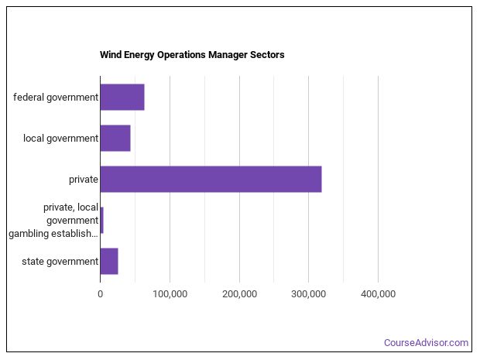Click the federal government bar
pyautogui.click(x=122, y=97)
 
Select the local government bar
pyautogui.click(x=115, y=138)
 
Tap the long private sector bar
pyautogui.click(x=211, y=179)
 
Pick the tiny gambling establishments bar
pyautogui.click(x=101, y=220)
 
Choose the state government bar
pyautogui.click(x=109, y=261)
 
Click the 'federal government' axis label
pyautogui.click(x=56, y=98)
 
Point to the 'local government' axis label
pyautogui.click(x=60, y=139)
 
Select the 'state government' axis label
pyautogui.click(x=60, y=262)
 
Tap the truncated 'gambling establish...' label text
pyautogui.click(x=53, y=233)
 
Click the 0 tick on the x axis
pyautogui.click(x=100, y=294)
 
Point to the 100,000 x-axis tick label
pyautogui.click(x=170, y=294)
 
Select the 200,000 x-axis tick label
pyautogui.click(x=239, y=294)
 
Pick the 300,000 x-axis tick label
pyautogui.click(x=309, y=294)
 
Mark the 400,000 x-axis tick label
pyautogui.click(x=378, y=294)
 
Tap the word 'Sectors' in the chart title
pyautogui.click(x=266, y=55)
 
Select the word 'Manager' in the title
pyautogui.click(x=226, y=55)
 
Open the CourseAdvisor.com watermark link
pyautogui.click(x=426, y=343)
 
